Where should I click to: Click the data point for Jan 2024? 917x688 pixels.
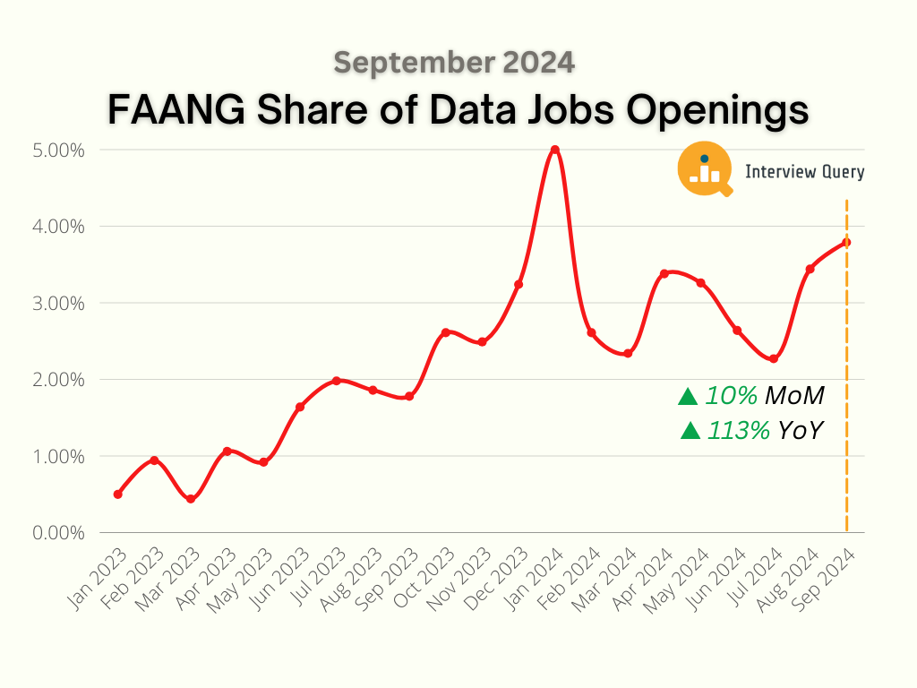(555, 150)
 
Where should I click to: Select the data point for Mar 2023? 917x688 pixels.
(191, 499)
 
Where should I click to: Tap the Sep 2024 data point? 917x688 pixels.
(846, 242)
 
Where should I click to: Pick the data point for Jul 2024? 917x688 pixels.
(774, 359)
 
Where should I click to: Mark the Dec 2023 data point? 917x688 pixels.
(518, 284)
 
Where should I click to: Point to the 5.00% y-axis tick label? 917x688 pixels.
(60, 150)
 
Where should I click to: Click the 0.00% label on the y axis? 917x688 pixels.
(60, 533)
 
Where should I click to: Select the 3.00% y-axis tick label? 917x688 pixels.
(60, 303)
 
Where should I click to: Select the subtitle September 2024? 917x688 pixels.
(454, 62)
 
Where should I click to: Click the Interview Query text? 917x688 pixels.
(804, 172)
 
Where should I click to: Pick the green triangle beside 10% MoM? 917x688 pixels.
(688, 396)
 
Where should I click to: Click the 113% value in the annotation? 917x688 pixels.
(739, 431)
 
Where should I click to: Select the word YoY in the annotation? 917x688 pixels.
(800, 431)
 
